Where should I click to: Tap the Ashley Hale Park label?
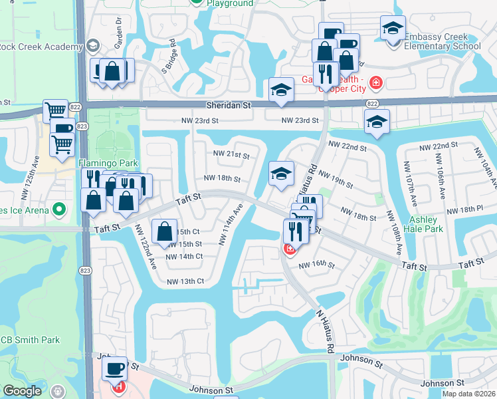[x=423, y=224]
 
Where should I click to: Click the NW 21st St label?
[x=231, y=155]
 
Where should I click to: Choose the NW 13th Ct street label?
[x=185, y=281]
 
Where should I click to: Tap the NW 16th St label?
[x=316, y=265]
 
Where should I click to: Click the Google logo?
[x=22, y=391]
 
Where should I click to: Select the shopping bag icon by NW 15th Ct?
[x=164, y=231]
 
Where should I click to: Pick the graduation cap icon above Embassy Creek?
[x=392, y=29]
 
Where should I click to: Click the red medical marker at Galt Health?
[x=376, y=82]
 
